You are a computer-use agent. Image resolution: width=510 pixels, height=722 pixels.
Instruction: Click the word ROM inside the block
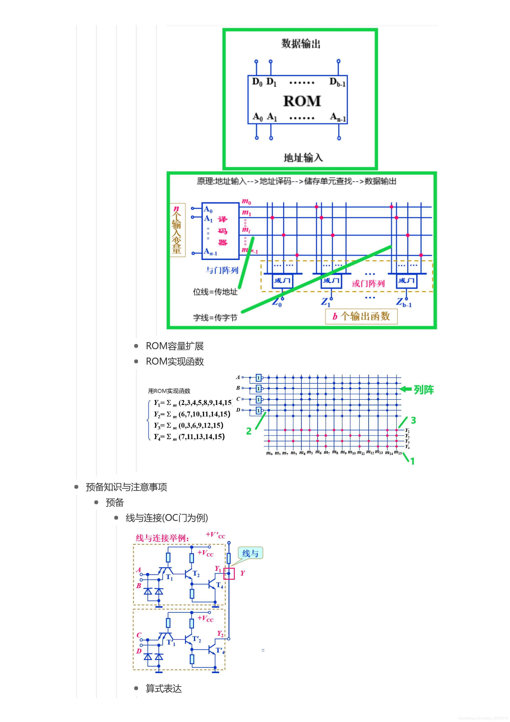pyautogui.click(x=302, y=101)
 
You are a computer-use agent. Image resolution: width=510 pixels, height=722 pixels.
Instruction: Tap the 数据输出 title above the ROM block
pyautogui.click(x=301, y=43)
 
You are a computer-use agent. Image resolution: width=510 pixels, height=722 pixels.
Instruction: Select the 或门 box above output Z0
pyautogui.click(x=282, y=280)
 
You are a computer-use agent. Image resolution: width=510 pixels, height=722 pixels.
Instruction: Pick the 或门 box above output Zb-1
pyautogui.click(x=406, y=280)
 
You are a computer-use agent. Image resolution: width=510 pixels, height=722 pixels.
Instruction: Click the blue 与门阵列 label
pyautogui.click(x=222, y=270)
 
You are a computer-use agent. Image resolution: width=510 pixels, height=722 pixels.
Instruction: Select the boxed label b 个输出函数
pyautogui.click(x=361, y=316)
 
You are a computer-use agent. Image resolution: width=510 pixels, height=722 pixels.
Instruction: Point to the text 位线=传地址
pyautogui.click(x=215, y=292)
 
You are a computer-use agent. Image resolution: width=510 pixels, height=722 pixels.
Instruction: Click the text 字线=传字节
pyautogui.click(x=215, y=318)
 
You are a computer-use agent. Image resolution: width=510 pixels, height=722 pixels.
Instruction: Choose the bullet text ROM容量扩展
pyautogui.click(x=175, y=346)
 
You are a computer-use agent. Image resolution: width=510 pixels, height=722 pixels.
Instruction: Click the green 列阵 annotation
pyautogui.click(x=424, y=390)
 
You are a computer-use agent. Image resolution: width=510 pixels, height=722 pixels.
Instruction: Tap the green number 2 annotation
pyautogui.click(x=249, y=431)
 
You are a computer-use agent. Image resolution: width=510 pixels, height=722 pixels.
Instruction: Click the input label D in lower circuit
pyautogui.click(x=139, y=651)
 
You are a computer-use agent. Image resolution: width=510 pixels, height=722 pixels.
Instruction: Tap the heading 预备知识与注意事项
pyautogui.click(x=126, y=487)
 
